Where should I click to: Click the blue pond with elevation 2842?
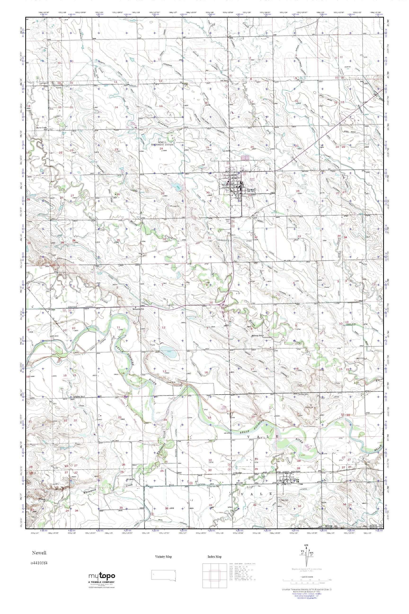point(168,352)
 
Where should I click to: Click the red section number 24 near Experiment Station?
point(161,149)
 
